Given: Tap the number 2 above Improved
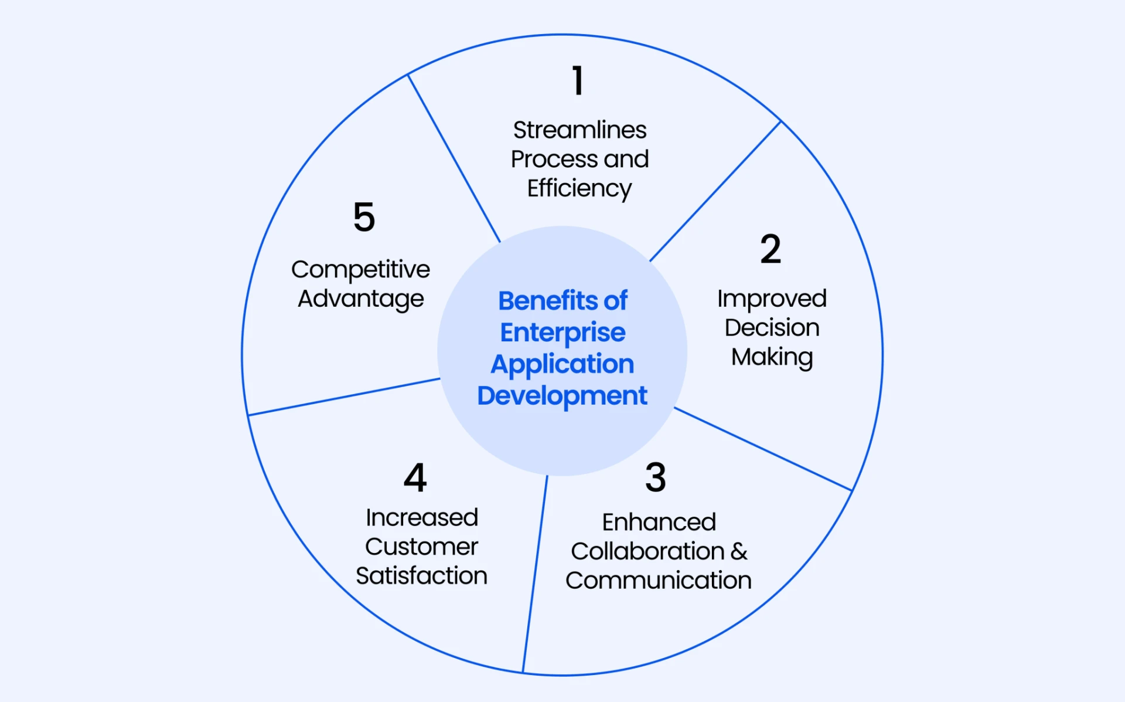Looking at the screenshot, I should click(771, 249).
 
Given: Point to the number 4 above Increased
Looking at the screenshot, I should click(415, 477).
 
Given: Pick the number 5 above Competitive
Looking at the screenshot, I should click(364, 217).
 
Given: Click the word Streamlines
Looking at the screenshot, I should click(579, 130).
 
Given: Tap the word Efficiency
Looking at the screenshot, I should click(579, 189).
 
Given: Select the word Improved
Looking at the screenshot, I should click(772, 299).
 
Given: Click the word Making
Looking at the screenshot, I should click(772, 357).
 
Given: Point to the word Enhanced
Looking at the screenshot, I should click(659, 522).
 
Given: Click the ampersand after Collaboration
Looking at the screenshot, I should click(739, 551).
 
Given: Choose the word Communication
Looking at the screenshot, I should click(659, 581).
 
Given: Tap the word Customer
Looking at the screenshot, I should click(421, 547).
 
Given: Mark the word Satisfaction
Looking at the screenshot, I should click(421, 576).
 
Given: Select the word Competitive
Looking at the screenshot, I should click(360, 270).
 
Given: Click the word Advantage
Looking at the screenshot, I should click(360, 299).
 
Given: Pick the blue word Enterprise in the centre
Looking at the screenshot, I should click(562, 333).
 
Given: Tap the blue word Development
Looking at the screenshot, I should click(562, 396).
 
